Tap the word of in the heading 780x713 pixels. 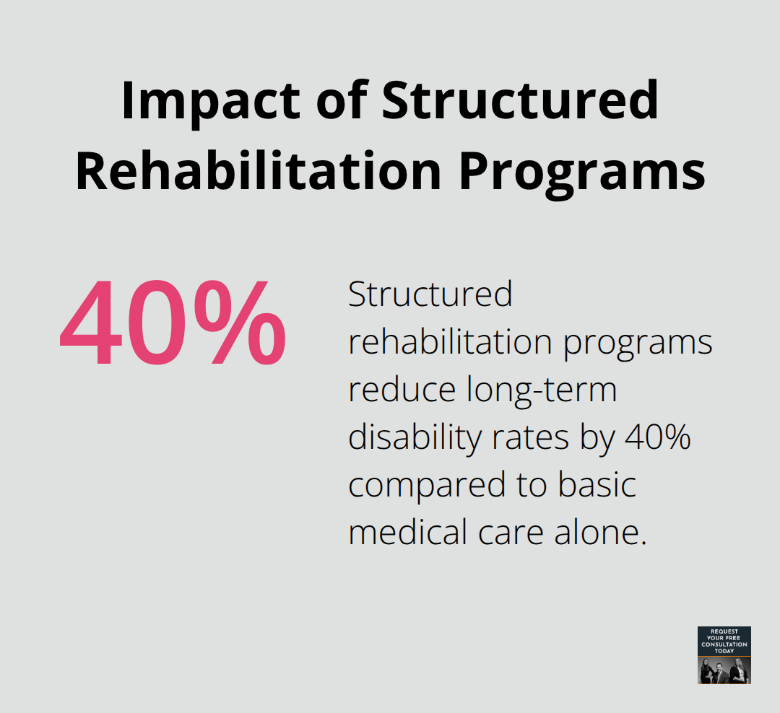tap(342, 101)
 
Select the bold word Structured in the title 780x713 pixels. tap(520, 101)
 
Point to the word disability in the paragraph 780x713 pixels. tap(409, 438)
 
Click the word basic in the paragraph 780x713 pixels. tap(597, 486)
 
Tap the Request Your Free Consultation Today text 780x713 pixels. tap(724, 641)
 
